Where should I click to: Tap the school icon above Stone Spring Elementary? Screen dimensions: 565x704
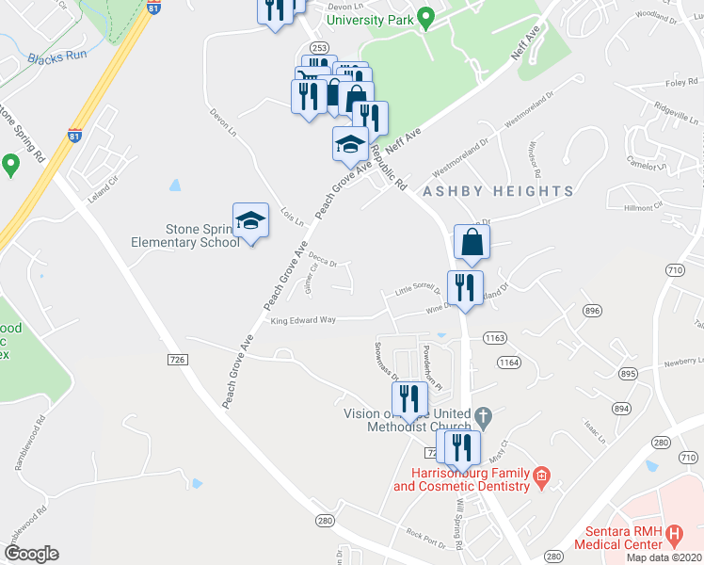coord(251,221)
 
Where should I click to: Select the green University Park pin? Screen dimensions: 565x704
coord(424,17)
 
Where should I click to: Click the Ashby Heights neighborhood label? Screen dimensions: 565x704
coord(498,191)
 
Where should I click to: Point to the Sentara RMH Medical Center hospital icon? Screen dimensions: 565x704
coord(673,536)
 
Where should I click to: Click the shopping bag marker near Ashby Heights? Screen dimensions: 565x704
coord(471,242)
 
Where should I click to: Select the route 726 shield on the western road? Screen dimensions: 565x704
coord(175,360)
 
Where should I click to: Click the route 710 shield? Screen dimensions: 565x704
coord(675,270)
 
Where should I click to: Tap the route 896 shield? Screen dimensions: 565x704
coord(592,310)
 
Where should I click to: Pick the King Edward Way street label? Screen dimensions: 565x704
coord(303,320)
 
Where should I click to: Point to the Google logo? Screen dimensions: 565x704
coord(31,554)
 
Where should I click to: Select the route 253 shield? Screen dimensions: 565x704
coord(319,47)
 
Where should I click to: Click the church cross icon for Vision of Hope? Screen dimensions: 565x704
coord(482,415)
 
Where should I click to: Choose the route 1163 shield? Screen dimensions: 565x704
coord(496,336)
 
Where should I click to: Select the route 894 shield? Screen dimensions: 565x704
coord(620,408)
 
